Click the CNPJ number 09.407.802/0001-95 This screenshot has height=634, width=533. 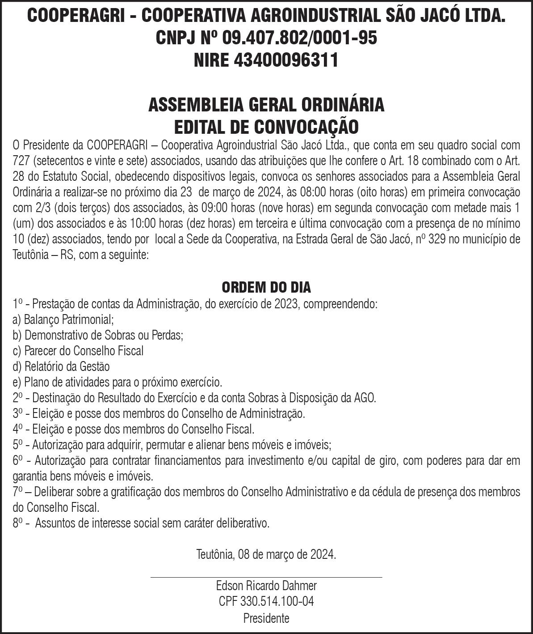299,38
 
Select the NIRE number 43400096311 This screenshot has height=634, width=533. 286,60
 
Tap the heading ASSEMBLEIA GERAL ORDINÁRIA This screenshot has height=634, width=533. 266,105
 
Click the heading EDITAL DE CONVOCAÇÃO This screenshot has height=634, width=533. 266,127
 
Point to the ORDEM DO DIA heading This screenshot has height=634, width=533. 266,287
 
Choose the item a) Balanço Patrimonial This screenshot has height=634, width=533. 63,319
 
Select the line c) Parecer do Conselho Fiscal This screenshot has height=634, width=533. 78,351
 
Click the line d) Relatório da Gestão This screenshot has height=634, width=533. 61,366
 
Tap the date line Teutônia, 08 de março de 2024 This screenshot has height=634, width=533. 266,555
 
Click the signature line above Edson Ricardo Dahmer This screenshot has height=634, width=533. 266,577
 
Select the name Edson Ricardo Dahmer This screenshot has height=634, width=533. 266,585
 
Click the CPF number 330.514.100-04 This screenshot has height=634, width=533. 277,601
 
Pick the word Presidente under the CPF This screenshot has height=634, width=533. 266,618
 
